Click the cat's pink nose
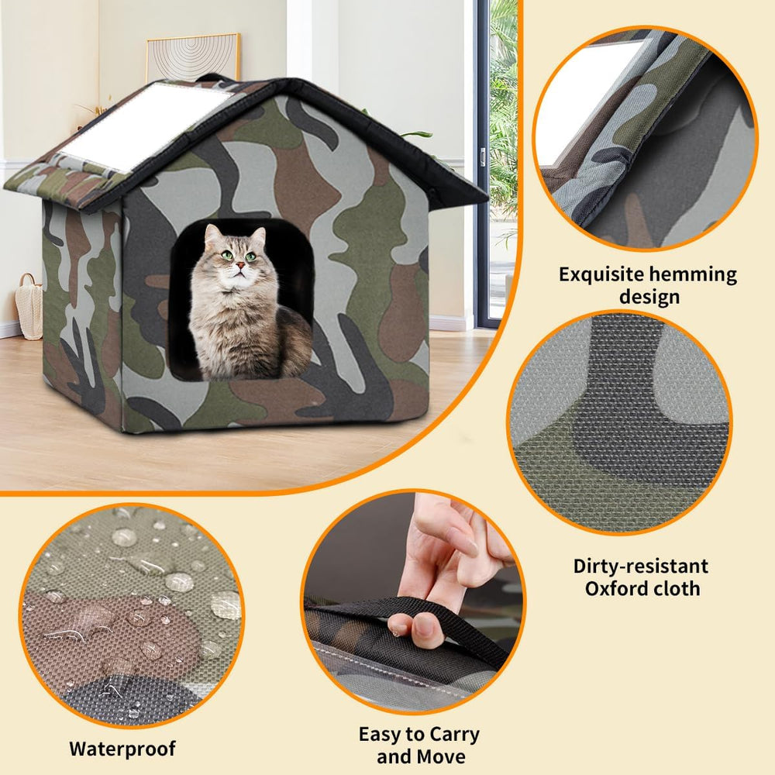click(x=241, y=266)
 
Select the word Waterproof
click(x=122, y=749)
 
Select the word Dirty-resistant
click(x=641, y=565)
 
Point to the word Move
click(x=443, y=756)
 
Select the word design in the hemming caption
click(x=649, y=297)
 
